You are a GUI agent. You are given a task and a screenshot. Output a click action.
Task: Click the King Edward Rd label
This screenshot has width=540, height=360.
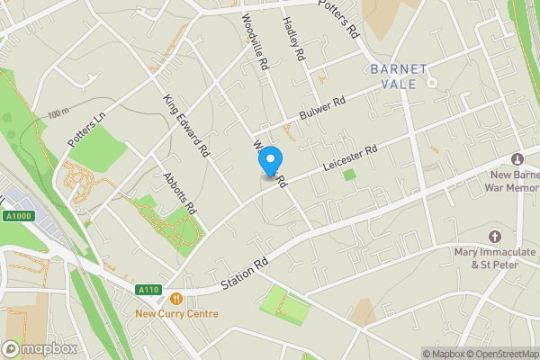click(x=186, y=126)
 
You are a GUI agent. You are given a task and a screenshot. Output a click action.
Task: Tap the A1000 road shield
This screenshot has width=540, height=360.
click(x=15, y=215)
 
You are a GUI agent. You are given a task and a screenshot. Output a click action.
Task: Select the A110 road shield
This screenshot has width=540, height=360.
click(x=149, y=290)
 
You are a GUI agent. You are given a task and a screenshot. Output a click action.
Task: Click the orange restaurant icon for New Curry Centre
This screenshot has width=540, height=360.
click(x=175, y=298)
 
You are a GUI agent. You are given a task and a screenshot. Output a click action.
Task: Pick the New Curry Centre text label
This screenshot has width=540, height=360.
click(x=176, y=314)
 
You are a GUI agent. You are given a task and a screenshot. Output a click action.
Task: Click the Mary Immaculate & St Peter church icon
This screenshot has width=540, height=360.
click(x=494, y=236)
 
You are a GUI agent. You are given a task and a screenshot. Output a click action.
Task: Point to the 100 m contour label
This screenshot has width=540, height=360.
click(x=58, y=113)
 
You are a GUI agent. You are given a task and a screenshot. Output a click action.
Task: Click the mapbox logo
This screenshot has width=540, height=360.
click(x=40, y=348)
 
